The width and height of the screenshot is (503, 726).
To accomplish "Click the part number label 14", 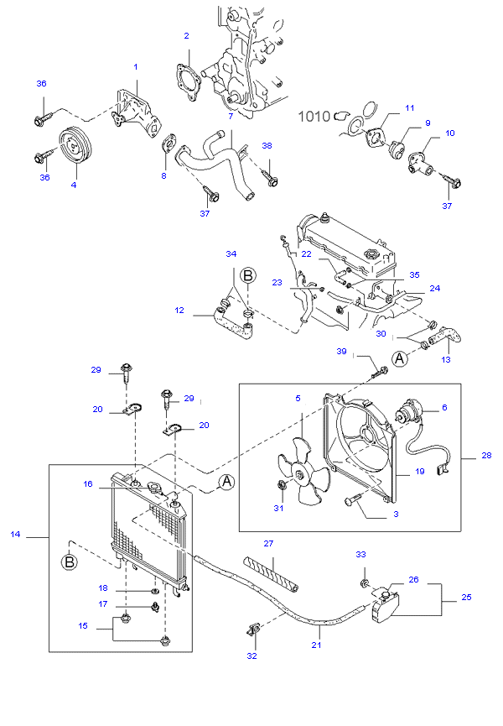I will point(14,534).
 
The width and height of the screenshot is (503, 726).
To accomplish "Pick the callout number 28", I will point(486,456).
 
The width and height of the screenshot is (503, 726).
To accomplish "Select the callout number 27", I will point(269,543).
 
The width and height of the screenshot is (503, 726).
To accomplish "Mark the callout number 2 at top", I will point(186,36).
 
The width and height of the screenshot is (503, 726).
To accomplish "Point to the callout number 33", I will point(361,555).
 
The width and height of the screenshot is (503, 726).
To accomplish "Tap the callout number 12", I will point(179,311).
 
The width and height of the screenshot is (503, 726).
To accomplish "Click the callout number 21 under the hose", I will point(316,645).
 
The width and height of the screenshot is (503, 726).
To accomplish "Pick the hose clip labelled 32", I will point(252,629).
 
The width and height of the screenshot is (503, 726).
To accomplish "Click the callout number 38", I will point(267,145).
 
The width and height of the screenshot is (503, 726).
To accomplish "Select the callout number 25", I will point(467,598).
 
